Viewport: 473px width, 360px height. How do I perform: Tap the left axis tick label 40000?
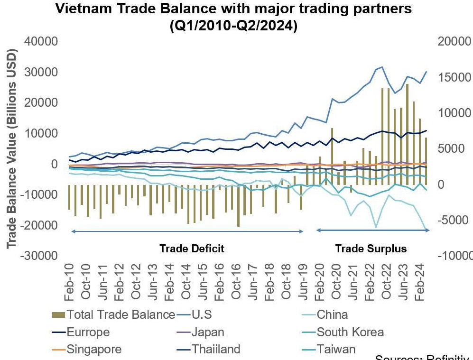point(40,42)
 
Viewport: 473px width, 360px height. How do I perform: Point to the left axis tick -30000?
point(38,255)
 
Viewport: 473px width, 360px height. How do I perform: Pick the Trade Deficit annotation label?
point(192,249)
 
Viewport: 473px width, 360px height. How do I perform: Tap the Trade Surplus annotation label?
point(371,249)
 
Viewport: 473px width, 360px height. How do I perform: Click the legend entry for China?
point(332,314)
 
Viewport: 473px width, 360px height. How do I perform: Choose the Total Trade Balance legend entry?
point(121,314)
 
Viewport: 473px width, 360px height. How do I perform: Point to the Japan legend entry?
point(208,332)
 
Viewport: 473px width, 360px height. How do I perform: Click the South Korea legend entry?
point(350,332)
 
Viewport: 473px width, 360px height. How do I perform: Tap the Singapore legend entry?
point(94,350)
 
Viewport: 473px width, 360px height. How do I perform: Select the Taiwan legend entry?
point(336,350)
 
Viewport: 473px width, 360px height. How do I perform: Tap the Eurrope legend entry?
point(88,332)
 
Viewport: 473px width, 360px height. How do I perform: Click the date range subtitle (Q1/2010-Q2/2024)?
point(233,26)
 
